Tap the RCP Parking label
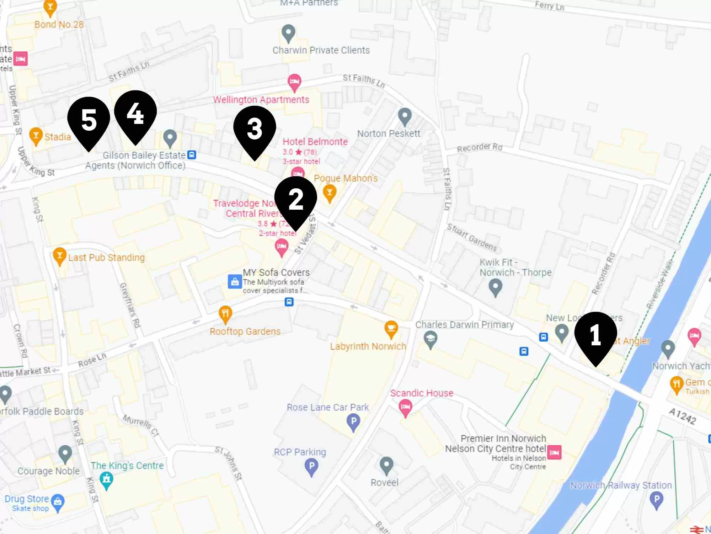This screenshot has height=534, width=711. (x=300, y=452)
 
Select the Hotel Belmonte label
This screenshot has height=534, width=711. (x=315, y=142)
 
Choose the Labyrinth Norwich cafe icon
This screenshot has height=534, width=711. (x=391, y=329)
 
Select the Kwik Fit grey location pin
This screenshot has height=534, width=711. (x=495, y=287)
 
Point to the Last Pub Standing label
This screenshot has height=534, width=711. (x=106, y=257)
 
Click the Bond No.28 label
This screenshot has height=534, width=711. (x=59, y=25)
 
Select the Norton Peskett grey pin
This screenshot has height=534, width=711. (x=405, y=116)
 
